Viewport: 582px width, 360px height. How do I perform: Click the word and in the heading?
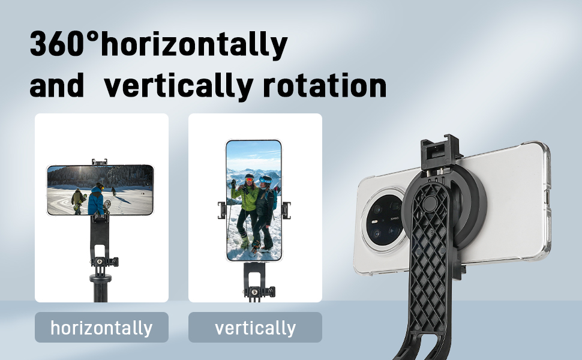pos(57,86)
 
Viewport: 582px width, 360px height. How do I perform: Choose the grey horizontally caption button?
pos(101,328)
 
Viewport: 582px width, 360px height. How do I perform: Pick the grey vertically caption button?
pos(255,328)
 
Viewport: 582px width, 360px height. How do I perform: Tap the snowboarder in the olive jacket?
pos(78,200)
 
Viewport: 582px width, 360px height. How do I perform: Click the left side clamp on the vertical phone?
pos(221,210)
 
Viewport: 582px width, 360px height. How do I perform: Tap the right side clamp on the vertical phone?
pos(286,210)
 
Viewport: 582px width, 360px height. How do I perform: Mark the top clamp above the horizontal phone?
pos(100,162)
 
